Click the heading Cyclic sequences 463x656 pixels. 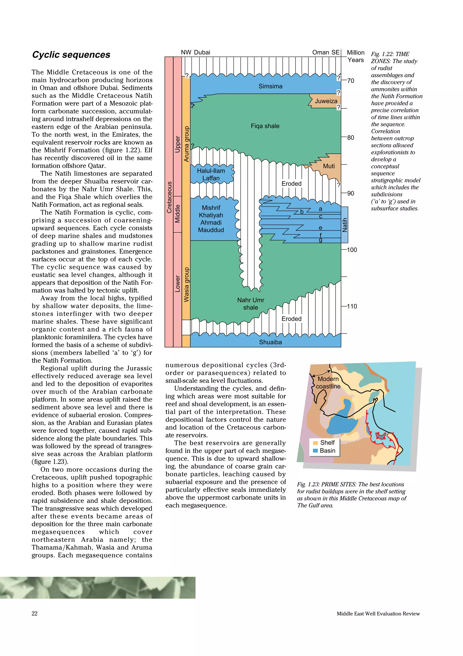click(71, 55)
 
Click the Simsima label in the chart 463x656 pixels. click(270, 86)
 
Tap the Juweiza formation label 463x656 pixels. click(326, 101)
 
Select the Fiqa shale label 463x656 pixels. click(265, 126)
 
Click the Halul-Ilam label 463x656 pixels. click(211, 171)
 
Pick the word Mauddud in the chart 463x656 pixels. click(211, 230)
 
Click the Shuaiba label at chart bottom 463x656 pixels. click(270, 342)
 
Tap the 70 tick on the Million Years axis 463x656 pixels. click(350, 81)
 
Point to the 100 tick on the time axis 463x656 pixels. click(352, 250)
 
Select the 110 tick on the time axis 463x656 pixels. click(352, 306)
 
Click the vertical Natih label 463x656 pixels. click(345, 225)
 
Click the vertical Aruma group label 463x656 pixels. click(186, 144)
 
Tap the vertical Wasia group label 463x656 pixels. click(186, 285)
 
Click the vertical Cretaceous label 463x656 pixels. click(169, 197)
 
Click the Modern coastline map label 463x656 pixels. click(328, 383)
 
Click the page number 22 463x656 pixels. click(35, 613)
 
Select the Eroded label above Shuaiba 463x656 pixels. click(291, 319)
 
